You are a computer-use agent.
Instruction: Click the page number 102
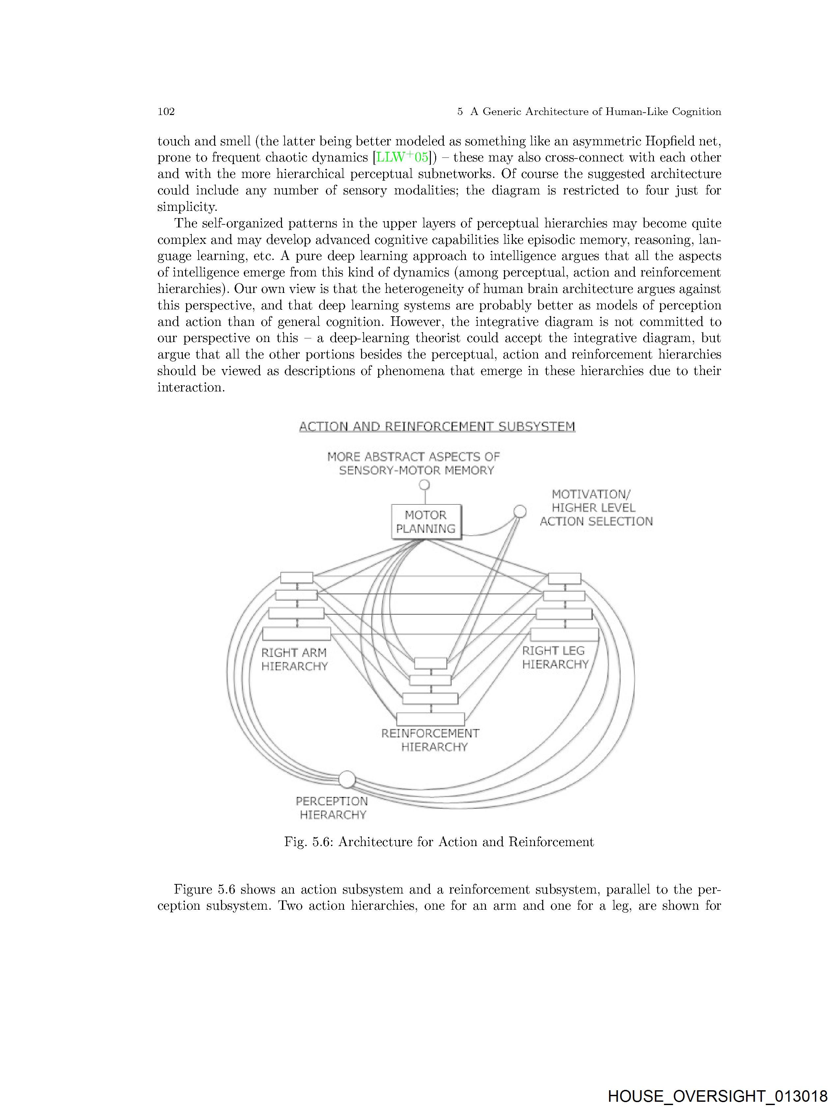(166, 111)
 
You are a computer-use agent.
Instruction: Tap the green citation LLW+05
(403, 157)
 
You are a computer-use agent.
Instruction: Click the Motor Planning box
(426, 522)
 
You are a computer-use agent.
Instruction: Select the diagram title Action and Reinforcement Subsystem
(437, 427)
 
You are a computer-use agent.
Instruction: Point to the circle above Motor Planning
(425, 485)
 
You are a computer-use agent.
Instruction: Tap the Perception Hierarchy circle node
(347, 779)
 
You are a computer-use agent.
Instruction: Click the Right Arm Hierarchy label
(294, 659)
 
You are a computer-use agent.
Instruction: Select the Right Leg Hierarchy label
(555, 657)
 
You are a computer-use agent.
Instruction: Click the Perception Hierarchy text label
(332, 808)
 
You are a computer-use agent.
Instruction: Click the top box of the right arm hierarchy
(296, 578)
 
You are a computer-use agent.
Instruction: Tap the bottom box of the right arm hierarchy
(296, 634)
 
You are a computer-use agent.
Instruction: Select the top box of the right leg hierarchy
(565, 578)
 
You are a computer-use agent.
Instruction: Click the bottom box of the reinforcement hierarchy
(431, 719)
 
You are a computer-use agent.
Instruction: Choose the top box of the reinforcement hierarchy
(431, 663)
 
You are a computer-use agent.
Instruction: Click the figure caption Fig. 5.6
(438, 842)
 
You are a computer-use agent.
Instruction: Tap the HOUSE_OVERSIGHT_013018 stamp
(717, 1096)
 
